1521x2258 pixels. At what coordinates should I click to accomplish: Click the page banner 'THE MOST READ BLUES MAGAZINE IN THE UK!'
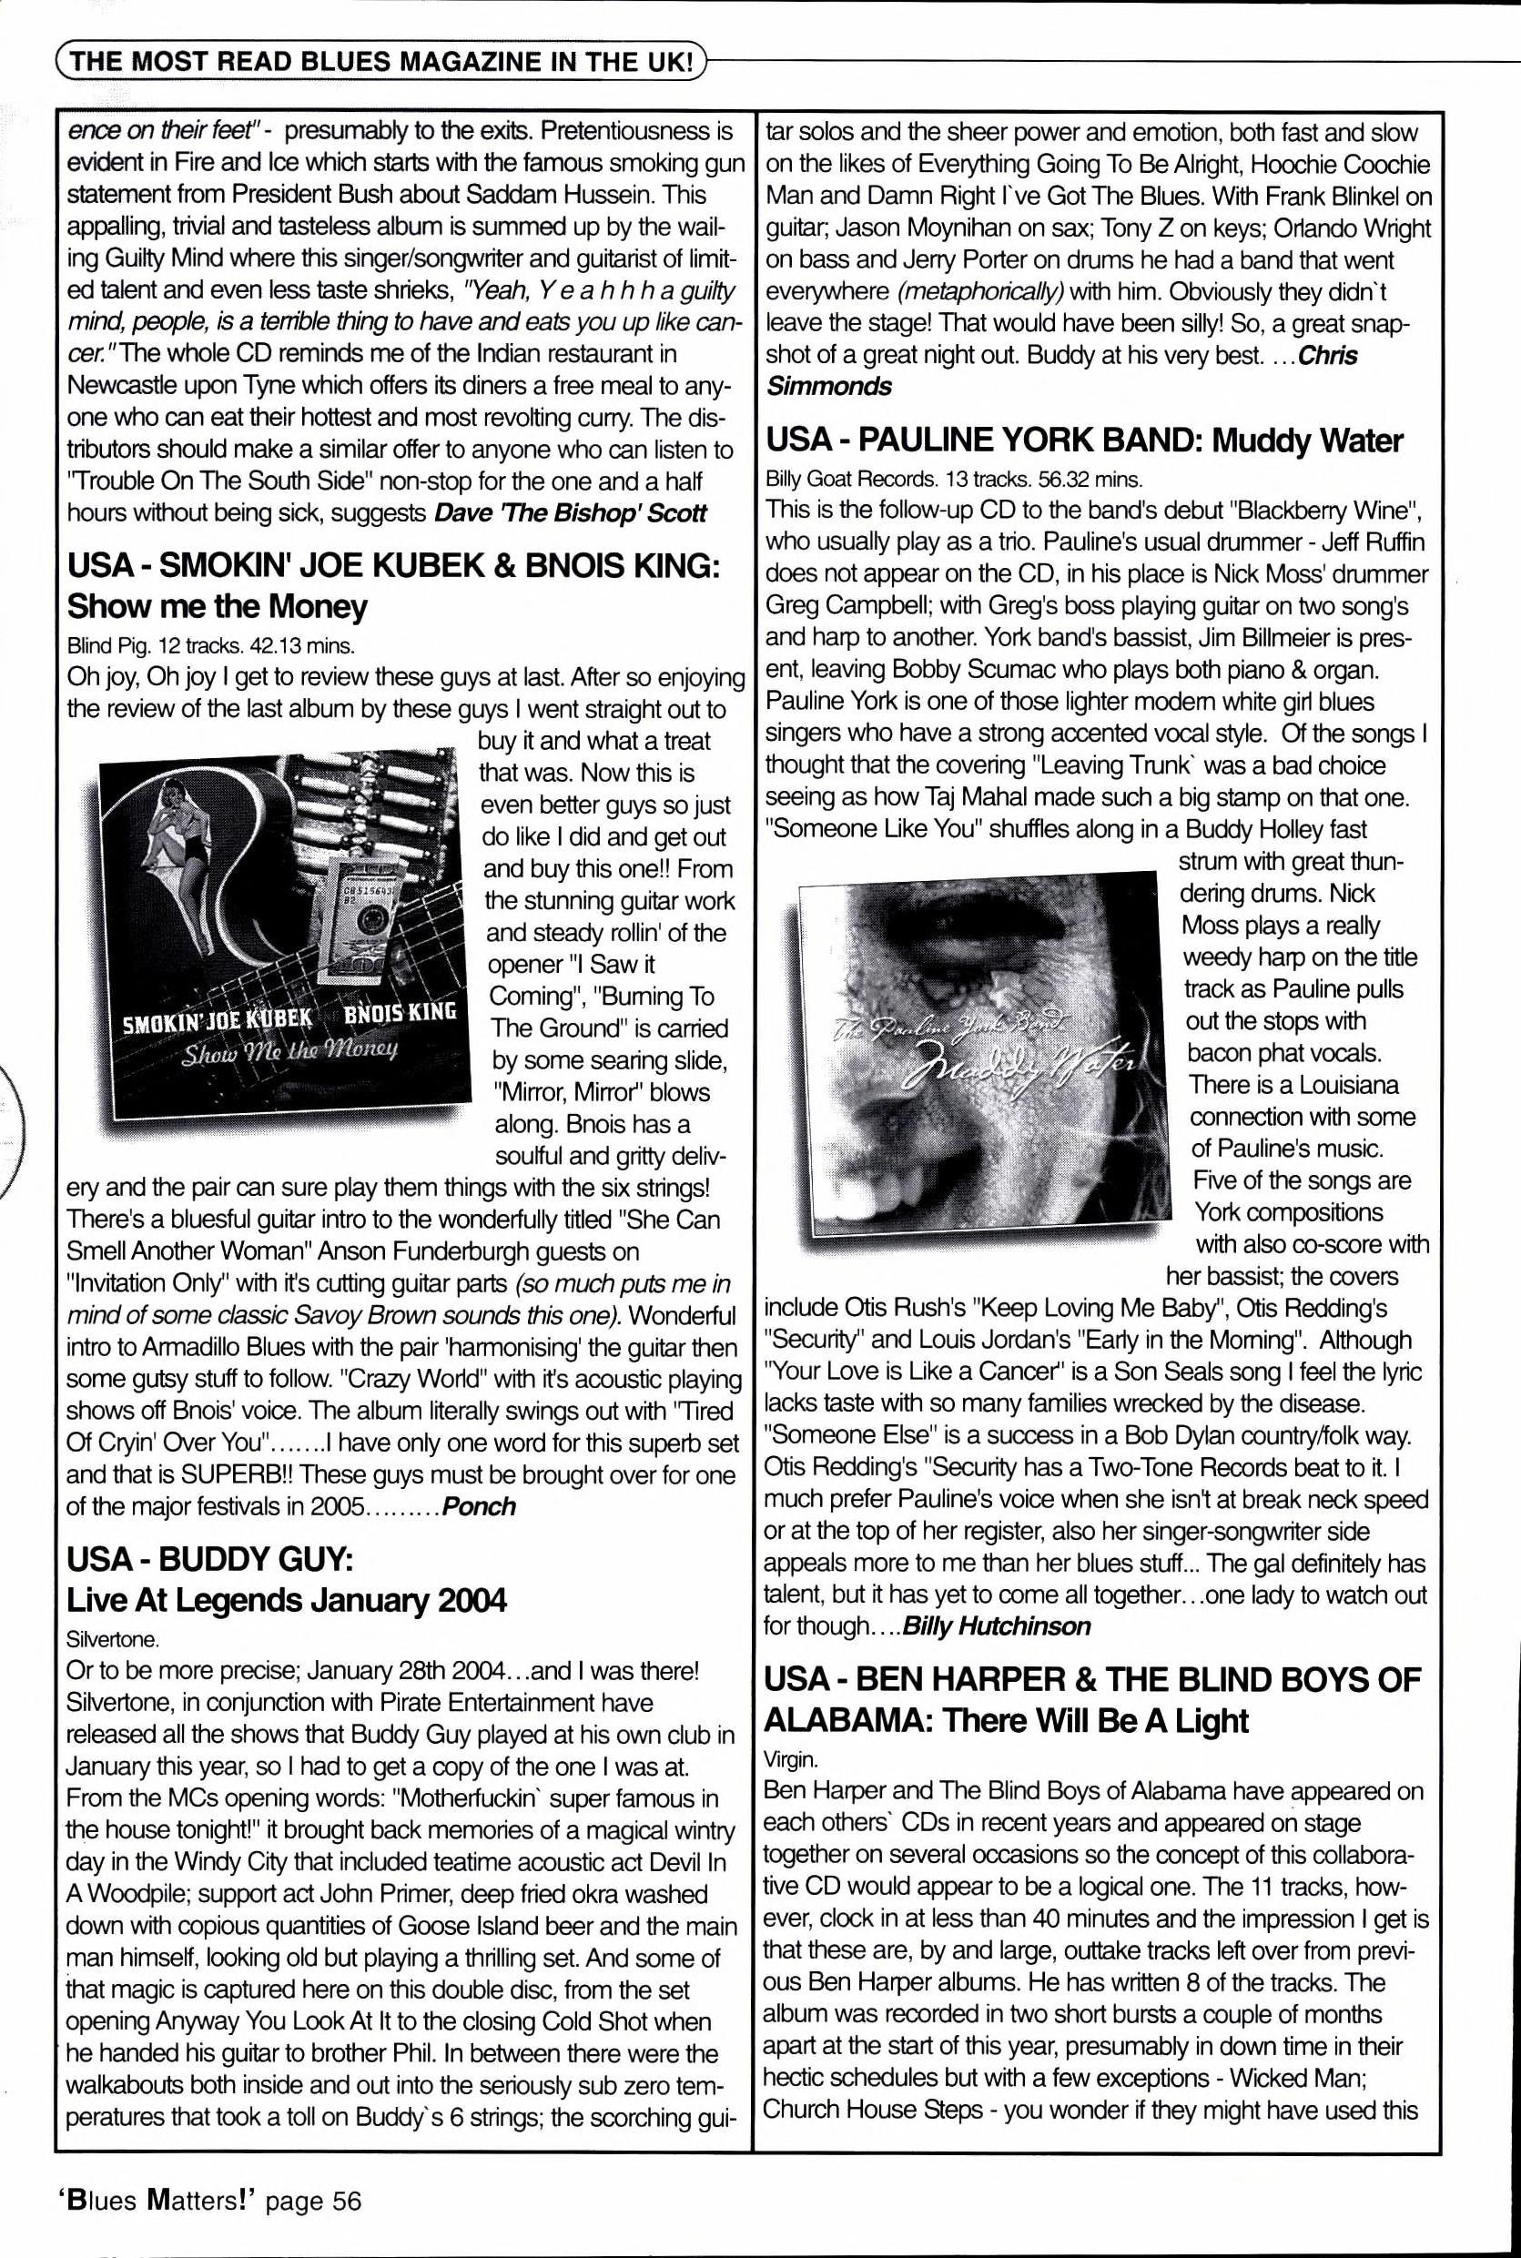382,62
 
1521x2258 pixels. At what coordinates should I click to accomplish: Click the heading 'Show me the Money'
218,607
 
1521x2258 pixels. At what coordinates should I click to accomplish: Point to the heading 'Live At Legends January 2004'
286,1599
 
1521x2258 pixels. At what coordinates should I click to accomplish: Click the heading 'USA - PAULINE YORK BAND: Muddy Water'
1083,440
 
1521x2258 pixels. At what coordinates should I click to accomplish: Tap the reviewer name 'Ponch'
478,1506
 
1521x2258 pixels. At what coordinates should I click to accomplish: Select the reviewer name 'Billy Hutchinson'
996,1625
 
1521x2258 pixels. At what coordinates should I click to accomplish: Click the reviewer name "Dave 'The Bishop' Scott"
571,513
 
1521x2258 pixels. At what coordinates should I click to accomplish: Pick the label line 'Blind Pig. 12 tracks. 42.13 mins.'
210,645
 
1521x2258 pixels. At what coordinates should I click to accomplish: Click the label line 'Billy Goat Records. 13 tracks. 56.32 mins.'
954,478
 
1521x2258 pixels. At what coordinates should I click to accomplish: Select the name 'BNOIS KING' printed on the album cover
400,1013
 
